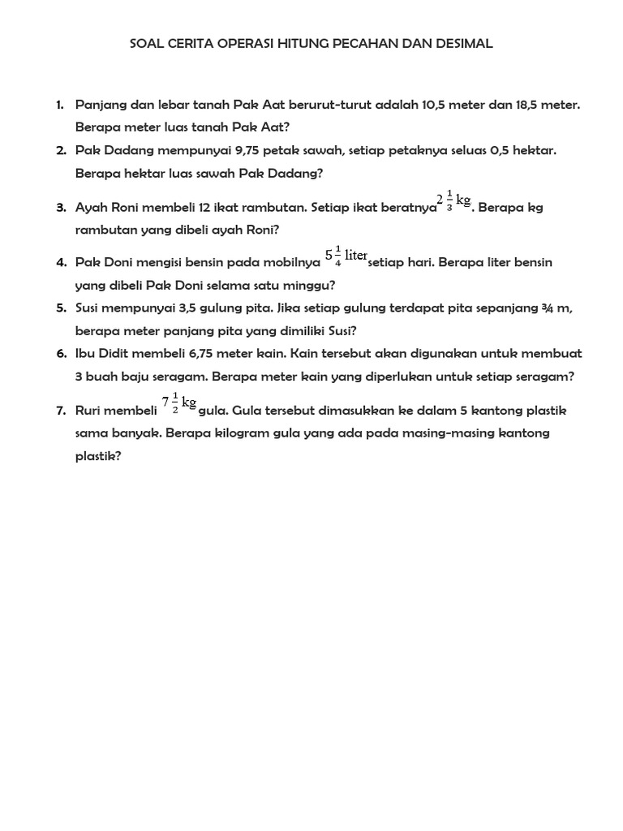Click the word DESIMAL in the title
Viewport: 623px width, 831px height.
pos(461,44)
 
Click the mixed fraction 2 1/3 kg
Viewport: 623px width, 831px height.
pos(453,200)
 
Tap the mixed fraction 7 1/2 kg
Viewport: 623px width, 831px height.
pos(179,403)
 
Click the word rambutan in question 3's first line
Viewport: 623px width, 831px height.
pos(266,207)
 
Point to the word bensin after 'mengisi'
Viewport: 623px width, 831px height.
pos(189,263)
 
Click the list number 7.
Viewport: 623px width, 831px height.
pos(61,411)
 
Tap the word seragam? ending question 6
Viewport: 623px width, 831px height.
pos(548,377)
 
